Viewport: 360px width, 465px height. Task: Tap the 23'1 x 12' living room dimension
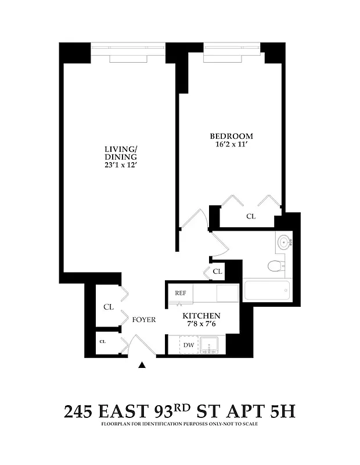coord(121,165)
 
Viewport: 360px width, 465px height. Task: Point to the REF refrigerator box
coord(181,293)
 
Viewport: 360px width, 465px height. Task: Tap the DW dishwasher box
coord(188,345)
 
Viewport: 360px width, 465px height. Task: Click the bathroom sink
coord(285,242)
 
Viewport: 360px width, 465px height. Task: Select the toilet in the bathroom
coord(275,267)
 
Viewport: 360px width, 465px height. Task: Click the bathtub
coord(267,290)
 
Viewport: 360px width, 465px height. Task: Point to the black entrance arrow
coord(142,365)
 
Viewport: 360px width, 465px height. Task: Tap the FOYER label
coord(143,320)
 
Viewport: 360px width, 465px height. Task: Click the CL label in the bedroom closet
coord(251,216)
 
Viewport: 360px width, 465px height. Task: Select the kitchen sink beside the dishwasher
coord(210,345)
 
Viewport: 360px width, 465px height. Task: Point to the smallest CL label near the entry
coord(103,342)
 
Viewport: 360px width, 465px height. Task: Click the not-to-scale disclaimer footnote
coord(180,424)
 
